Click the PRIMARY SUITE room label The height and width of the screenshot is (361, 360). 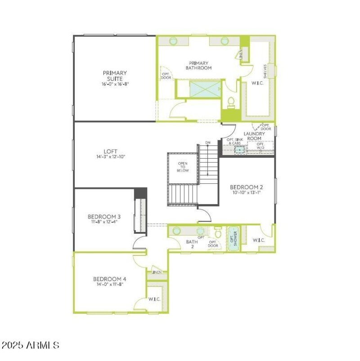pos(115,76)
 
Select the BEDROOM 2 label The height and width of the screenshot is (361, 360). pos(246,187)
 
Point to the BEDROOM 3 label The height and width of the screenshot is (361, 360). pos(104,216)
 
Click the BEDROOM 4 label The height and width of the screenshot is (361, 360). pos(109,279)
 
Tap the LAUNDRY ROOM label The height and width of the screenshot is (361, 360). pos(254,136)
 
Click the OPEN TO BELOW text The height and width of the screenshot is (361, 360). pos(183,167)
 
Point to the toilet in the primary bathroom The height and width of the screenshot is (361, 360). pos(231,102)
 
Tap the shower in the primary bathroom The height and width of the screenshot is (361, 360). pos(205,89)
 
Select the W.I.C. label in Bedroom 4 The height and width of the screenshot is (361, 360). pos(154,299)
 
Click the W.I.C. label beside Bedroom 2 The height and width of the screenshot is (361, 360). pos(259,240)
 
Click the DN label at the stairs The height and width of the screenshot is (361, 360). pos(207,143)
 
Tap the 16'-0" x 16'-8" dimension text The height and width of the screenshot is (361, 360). pos(116,84)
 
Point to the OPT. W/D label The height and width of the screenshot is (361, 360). pos(260,146)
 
